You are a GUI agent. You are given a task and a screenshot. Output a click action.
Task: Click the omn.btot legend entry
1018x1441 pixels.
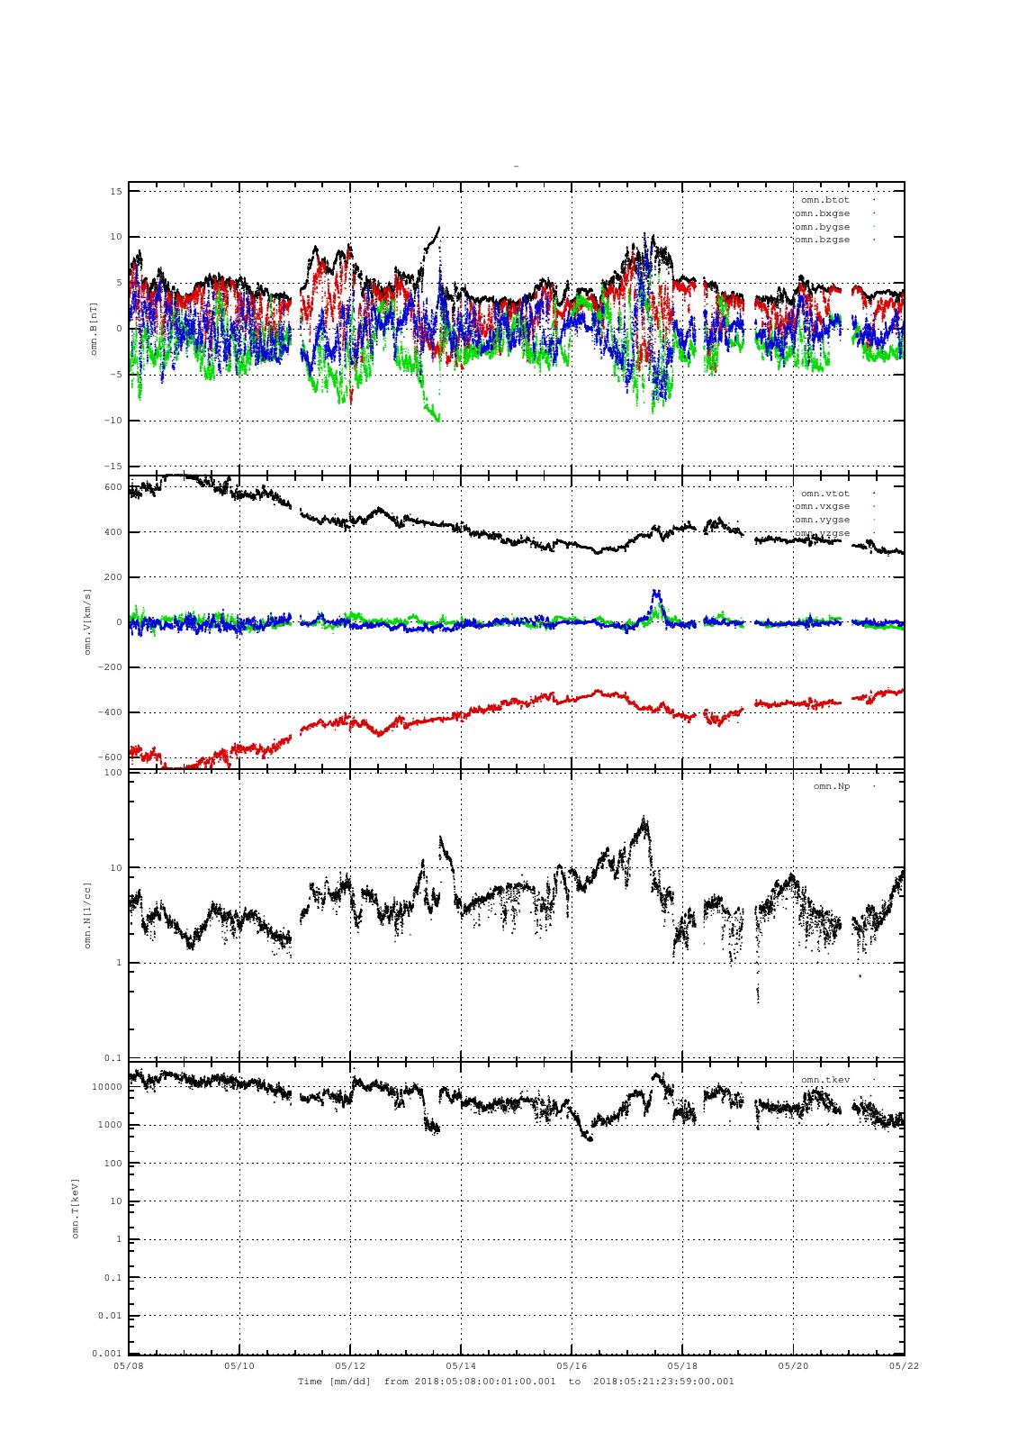click(824, 200)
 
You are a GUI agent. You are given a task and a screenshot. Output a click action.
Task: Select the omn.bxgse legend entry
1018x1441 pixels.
click(821, 213)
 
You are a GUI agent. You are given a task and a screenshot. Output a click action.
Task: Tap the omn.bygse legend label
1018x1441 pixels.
click(821, 227)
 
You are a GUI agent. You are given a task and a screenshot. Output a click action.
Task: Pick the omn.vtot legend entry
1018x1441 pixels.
click(824, 494)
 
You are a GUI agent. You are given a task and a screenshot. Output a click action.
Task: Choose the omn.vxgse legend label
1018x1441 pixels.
click(821, 506)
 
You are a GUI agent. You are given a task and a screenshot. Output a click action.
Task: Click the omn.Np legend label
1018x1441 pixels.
click(831, 786)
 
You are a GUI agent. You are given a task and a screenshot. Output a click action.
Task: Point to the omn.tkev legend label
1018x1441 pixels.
click(824, 1080)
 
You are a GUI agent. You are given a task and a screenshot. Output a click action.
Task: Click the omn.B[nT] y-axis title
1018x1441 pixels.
click(94, 329)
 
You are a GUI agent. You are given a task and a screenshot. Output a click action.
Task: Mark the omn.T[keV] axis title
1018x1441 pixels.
click(76, 1208)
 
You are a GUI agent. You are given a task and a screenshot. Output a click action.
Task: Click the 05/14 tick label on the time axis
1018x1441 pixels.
click(461, 1365)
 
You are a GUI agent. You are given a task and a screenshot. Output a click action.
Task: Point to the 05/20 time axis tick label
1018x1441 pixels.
click(793, 1365)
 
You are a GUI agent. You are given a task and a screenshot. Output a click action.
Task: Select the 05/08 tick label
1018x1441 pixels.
click(129, 1365)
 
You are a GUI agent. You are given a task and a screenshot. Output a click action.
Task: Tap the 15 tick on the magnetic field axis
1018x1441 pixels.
click(116, 191)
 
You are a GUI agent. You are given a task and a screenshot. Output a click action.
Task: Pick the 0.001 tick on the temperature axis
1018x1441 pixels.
click(106, 1354)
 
